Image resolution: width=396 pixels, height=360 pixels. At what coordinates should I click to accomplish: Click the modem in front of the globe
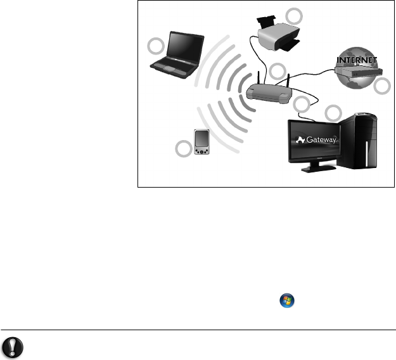tap(357, 73)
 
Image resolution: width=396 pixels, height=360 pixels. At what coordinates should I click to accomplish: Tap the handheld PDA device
tap(202, 143)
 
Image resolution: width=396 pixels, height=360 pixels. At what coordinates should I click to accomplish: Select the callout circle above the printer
tap(293, 15)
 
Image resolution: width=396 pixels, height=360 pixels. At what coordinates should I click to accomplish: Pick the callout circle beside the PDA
tap(183, 150)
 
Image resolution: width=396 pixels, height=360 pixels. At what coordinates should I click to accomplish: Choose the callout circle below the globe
tap(381, 87)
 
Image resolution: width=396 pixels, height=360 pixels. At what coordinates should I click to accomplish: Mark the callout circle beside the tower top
tap(333, 113)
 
